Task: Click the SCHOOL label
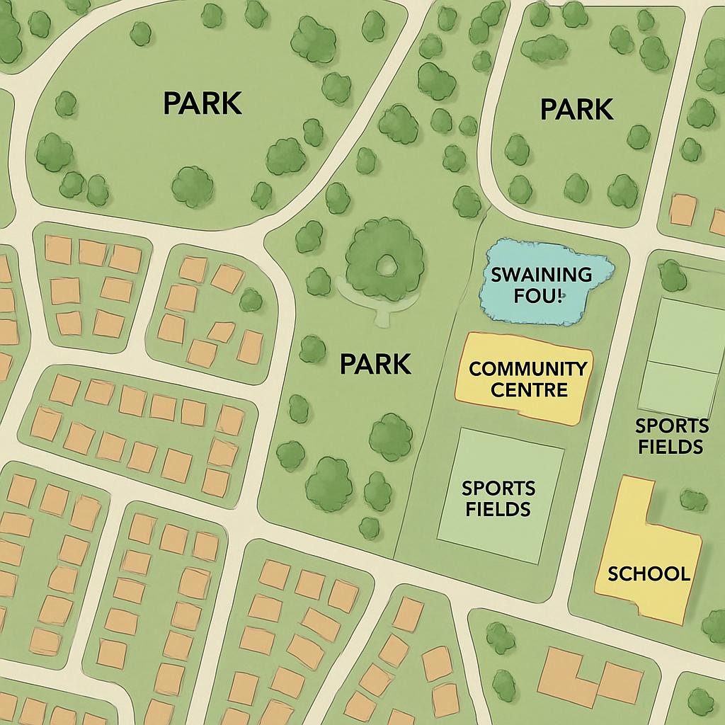(649, 573)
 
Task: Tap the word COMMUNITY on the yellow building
(527, 369)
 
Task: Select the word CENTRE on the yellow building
(530, 389)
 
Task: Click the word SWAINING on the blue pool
(542, 275)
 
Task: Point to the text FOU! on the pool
(535, 295)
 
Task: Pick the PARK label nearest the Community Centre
(375, 364)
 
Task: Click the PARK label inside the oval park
(202, 103)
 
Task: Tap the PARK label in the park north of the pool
(576, 110)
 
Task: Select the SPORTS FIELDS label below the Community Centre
(498, 498)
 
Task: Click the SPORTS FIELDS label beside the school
(670, 436)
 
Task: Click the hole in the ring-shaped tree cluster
(386, 266)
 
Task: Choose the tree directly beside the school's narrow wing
(693, 501)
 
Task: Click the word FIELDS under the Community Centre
(498, 509)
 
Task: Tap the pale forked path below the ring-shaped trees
(382, 312)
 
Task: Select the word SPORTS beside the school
(671, 426)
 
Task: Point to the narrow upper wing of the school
(634, 503)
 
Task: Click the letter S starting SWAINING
(496, 275)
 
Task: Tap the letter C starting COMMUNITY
(476, 369)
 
